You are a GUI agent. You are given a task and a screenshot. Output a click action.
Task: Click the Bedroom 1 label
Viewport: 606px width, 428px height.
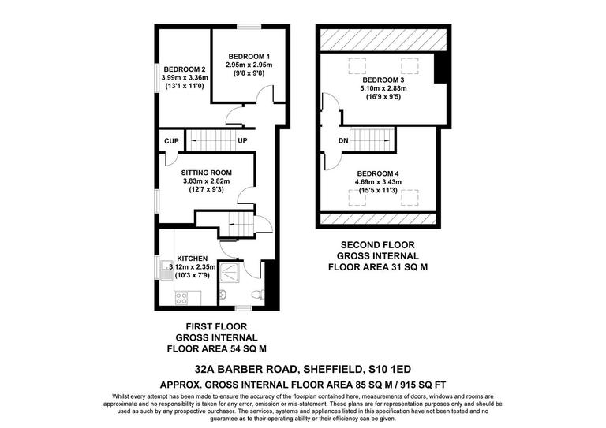[x=249, y=56]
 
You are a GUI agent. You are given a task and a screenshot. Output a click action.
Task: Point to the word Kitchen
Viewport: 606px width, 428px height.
[x=192, y=258]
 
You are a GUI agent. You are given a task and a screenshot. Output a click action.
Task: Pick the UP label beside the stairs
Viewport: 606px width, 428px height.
[x=242, y=142]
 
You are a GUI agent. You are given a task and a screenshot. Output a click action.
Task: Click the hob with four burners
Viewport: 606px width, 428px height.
[x=181, y=297]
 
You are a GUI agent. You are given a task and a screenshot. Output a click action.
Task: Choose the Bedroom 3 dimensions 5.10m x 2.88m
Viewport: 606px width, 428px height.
[x=384, y=89]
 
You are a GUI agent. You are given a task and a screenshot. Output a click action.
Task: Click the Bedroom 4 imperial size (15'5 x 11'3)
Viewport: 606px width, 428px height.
[x=379, y=190]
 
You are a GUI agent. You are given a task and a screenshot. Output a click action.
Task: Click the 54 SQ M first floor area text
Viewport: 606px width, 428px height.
[x=246, y=347]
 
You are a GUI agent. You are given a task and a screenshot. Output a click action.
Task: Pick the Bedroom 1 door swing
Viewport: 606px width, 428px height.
[x=267, y=95]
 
